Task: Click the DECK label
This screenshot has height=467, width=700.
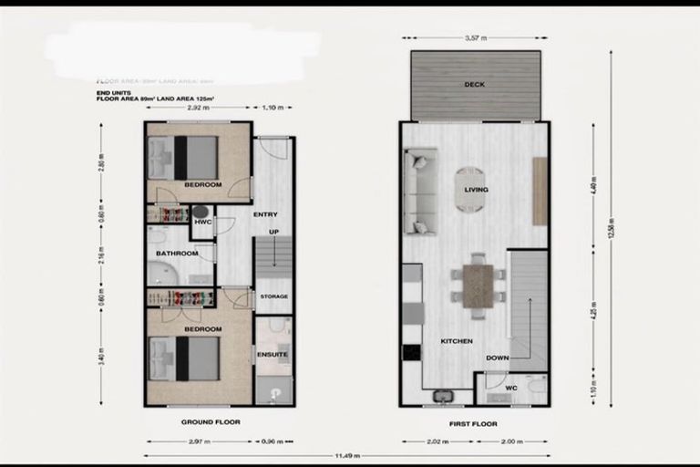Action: pos(474,85)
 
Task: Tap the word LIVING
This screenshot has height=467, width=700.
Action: pos(476,190)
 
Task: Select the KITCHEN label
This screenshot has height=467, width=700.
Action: pos(457,341)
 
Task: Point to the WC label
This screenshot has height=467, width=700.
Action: pos(510,388)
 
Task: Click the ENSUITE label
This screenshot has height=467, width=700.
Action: pos(273,354)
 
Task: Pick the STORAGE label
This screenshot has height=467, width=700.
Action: pos(273,296)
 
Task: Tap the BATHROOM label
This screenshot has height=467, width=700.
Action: pos(176,253)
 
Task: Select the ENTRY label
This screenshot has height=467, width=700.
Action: pos(265,214)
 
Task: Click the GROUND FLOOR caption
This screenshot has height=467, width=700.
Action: pos(210,422)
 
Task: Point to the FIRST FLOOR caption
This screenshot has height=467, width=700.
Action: pos(473,424)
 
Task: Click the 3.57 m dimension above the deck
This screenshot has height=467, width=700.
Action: pos(474,38)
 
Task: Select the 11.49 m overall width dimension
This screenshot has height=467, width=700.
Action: pos(347,456)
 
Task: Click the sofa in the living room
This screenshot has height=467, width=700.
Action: pos(420,193)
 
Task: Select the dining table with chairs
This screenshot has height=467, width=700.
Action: pos(477,285)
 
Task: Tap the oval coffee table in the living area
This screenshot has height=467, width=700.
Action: pos(470,189)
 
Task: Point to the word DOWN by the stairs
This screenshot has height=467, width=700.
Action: pos(497,358)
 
